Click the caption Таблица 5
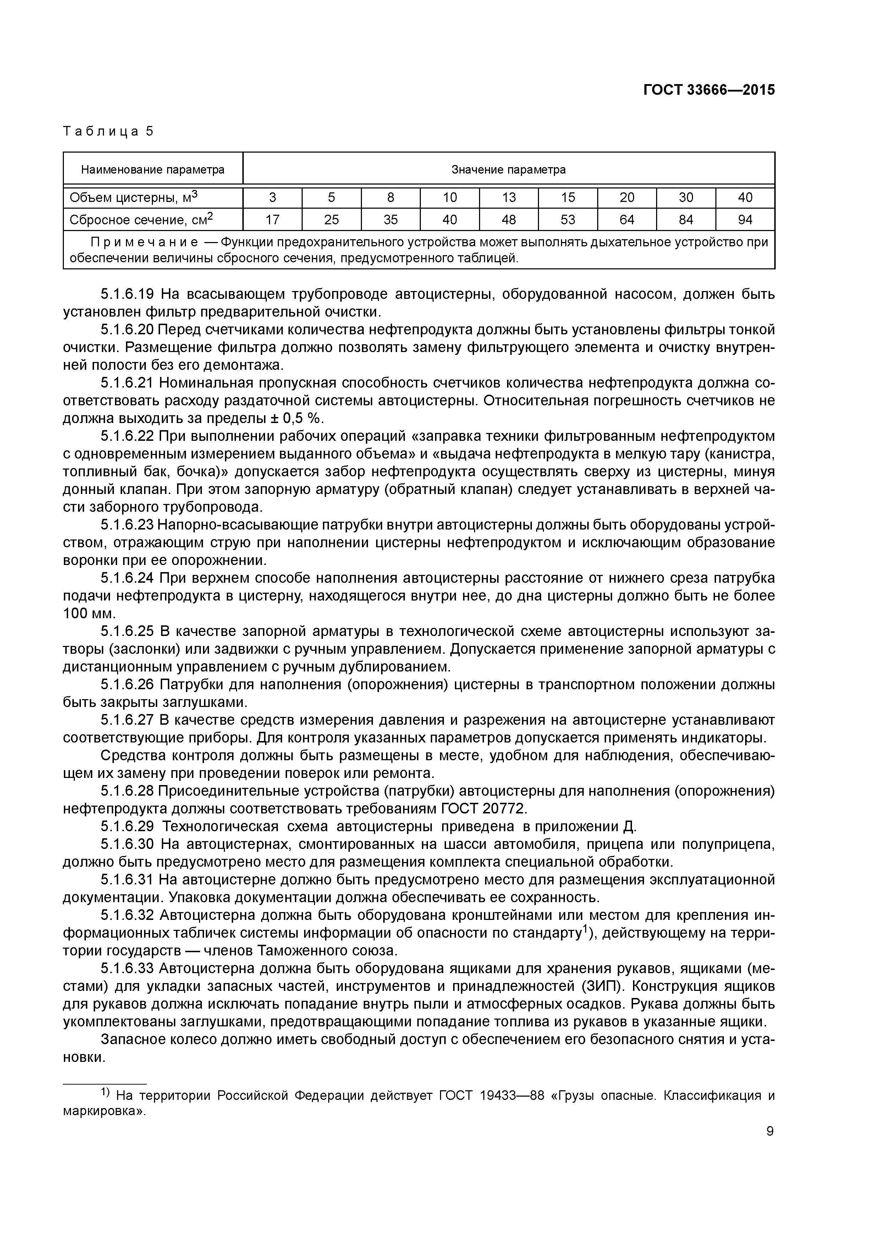(109, 131)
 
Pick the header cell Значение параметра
(508, 170)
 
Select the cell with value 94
(745, 220)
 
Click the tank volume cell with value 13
(508, 197)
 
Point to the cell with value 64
(627, 220)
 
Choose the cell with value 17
(272, 220)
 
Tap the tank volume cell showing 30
(686, 197)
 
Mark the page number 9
(770, 1131)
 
